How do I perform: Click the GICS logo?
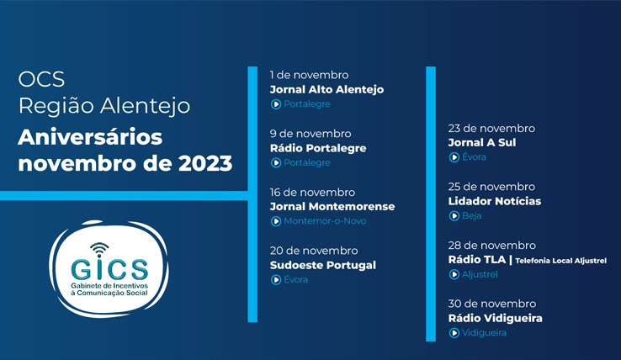point(109,269)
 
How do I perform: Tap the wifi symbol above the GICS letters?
point(99,249)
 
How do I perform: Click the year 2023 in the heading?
point(205,163)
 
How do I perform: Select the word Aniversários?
point(90,137)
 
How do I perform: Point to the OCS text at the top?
point(41,79)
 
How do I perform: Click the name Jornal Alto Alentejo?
point(326,89)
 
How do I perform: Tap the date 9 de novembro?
point(310,134)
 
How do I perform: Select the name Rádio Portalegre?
point(318,148)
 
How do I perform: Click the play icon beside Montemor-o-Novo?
point(276,221)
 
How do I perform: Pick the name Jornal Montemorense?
point(332,206)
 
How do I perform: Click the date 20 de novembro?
point(314,251)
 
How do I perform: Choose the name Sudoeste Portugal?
point(323,265)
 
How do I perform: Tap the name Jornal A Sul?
point(482,143)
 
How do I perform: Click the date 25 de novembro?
point(491,187)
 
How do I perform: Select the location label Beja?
point(472,215)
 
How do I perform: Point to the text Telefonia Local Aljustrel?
point(560,261)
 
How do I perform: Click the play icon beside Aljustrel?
point(454,274)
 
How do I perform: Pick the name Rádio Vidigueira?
point(495,318)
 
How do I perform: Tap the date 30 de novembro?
point(492,304)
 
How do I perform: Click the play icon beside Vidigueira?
point(454,333)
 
